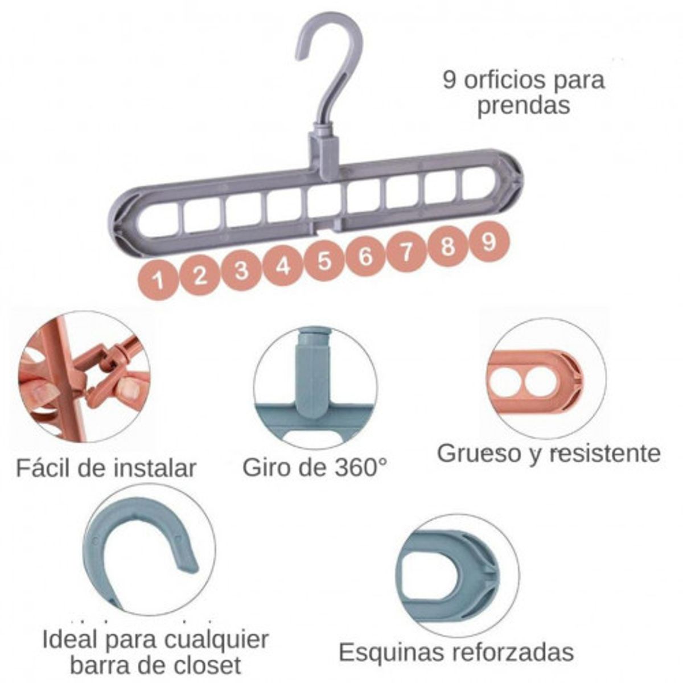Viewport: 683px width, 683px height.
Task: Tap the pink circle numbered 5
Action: [324, 261]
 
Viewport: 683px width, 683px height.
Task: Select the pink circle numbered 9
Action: [489, 242]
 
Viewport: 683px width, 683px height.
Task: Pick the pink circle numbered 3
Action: [241, 270]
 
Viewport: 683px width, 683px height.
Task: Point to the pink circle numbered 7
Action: [406, 252]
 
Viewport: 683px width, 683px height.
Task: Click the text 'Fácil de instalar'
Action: [106, 468]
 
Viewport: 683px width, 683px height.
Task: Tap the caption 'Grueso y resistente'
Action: [549, 454]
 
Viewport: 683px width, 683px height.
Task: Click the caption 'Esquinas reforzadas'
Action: [456, 652]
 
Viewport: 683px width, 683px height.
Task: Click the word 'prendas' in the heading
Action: [523, 106]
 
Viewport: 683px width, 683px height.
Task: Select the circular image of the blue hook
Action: [149, 549]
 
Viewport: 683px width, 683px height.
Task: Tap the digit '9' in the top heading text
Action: [450, 80]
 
